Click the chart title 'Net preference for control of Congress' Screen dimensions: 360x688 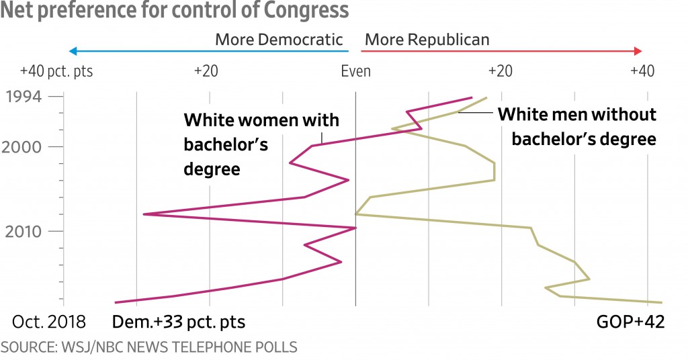[x=175, y=11]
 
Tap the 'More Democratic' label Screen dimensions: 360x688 [x=279, y=40]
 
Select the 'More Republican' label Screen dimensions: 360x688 [x=427, y=40]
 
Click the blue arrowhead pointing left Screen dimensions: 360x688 [x=73, y=51]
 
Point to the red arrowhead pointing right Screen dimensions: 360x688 [x=638, y=51]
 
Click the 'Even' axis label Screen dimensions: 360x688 [x=355, y=72]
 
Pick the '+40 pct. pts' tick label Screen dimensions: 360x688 [x=56, y=72]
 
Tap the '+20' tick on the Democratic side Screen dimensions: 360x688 [x=206, y=72]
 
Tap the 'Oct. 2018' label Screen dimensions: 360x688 [x=48, y=322]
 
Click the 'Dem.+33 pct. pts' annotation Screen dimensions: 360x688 [x=179, y=322]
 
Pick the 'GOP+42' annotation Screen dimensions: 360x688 [x=630, y=322]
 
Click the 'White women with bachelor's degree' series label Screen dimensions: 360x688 [x=261, y=144]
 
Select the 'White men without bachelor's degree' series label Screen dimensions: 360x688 [x=576, y=126]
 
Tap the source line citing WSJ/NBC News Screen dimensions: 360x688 [x=149, y=347]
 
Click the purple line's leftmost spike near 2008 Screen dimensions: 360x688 [x=144, y=214]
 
